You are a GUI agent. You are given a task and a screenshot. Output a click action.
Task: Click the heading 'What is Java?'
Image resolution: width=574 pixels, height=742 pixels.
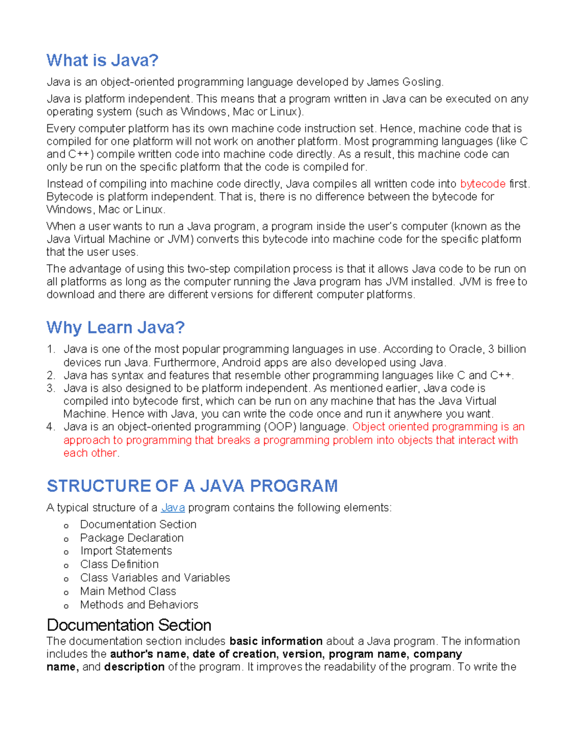tap(102, 61)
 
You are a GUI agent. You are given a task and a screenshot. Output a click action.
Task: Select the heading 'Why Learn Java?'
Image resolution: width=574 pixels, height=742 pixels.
tap(115, 328)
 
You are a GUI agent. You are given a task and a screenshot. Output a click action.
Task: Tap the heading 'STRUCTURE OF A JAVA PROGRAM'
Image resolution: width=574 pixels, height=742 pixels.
tap(192, 486)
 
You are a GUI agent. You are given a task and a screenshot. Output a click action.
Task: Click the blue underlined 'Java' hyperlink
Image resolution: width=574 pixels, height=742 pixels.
tap(173, 508)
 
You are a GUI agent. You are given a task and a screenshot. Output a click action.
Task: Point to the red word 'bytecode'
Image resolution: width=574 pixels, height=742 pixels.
tap(483, 184)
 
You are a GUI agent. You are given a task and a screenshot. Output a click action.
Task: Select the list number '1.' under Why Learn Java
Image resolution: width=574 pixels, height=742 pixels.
tap(51, 349)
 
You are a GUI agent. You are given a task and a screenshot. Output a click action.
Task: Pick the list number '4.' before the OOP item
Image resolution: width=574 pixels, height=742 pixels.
tap(51, 427)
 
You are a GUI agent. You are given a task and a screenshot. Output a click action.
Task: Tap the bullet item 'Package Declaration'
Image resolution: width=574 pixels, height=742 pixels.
tap(132, 538)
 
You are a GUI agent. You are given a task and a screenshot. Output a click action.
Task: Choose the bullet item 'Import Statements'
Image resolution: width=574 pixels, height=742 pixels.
tap(126, 551)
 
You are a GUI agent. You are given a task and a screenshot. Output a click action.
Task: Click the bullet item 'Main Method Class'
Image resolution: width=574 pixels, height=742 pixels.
tap(128, 591)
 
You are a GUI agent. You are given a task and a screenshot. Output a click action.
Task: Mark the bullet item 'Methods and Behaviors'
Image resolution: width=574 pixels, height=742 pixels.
tap(139, 605)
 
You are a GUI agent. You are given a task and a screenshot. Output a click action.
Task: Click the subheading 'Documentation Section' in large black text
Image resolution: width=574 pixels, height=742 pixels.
tap(129, 625)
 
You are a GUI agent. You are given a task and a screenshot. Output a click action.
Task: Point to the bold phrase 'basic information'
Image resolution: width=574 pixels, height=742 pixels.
tap(276, 641)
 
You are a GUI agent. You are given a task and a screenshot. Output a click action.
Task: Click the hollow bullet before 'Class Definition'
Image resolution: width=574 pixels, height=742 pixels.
tap(66, 566)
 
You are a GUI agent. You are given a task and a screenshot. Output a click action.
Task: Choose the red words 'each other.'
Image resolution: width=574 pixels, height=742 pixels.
tap(91, 453)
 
